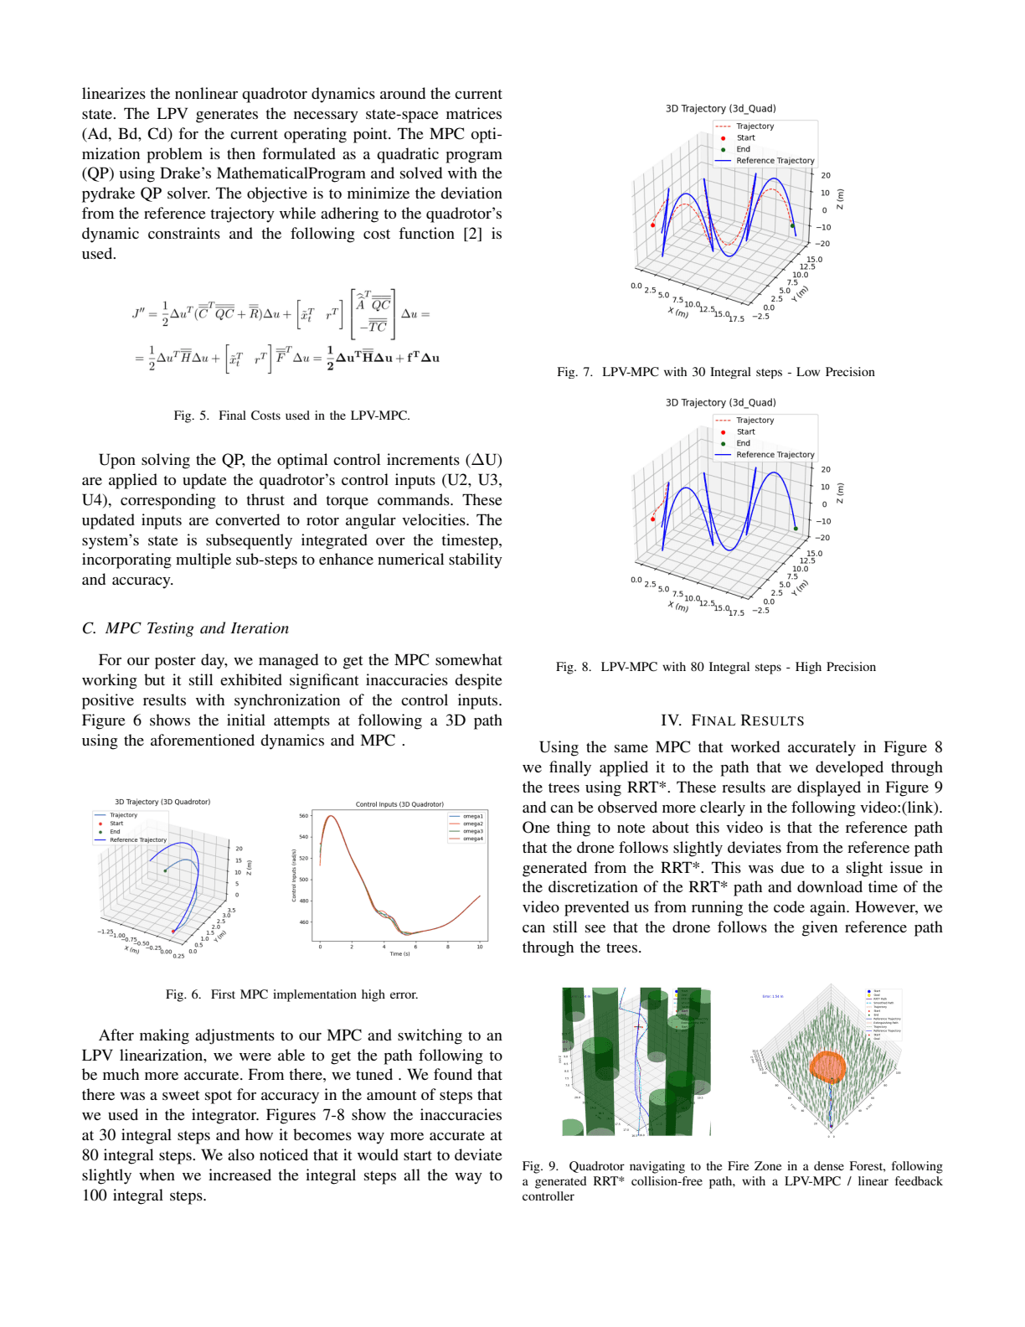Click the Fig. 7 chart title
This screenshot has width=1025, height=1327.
point(720,109)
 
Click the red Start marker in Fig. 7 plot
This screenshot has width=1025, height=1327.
point(653,225)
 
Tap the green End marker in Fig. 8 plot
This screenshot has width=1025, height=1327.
point(796,529)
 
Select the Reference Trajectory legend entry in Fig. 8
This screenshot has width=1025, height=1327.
point(774,455)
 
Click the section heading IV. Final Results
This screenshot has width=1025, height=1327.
point(732,721)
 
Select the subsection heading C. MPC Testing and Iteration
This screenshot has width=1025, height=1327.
point(185,628)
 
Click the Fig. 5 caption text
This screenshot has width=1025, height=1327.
point(291,416)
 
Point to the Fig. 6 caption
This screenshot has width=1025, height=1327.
point(291,994)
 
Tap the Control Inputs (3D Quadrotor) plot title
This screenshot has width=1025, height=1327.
point(399,804)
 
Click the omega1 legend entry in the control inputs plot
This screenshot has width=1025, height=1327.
point(472,816)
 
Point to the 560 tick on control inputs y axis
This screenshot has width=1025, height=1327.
point(303,815)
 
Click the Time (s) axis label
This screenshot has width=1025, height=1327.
point(399,953)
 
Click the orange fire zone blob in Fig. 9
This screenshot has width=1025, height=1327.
point(827,1066)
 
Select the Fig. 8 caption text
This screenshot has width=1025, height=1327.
point(715,667)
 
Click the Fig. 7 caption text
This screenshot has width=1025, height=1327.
point(715,372)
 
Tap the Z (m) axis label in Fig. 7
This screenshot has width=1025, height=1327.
point(841,199)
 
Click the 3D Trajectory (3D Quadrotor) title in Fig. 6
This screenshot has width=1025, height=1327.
point(162,802)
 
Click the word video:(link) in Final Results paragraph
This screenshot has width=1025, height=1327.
point(900,808)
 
